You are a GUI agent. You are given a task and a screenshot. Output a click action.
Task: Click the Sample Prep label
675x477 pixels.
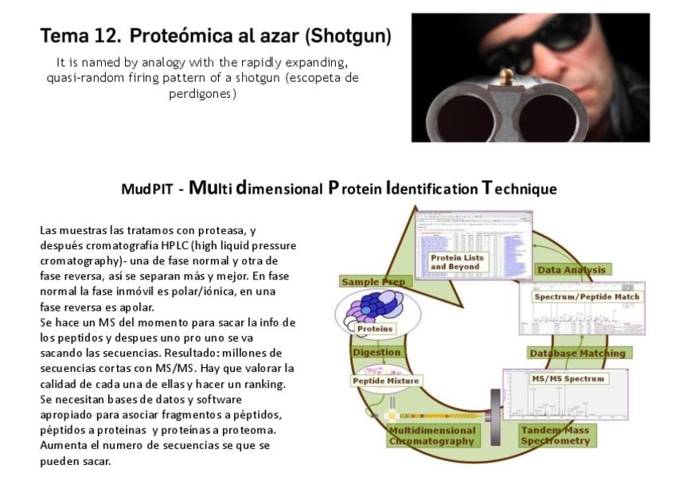point(373,282)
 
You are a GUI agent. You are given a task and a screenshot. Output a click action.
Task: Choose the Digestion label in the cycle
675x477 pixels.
point(377,351)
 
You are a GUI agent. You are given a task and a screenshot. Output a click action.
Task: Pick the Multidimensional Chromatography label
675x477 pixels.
point(431,436)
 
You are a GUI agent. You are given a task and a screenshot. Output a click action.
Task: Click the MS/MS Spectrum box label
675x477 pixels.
point(568,377)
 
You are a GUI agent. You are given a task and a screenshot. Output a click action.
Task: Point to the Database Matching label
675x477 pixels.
point(577,353)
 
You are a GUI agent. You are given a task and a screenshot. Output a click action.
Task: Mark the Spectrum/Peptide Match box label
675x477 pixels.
point(587,297)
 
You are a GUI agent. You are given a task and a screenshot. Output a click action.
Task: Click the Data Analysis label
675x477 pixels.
point(571,270)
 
